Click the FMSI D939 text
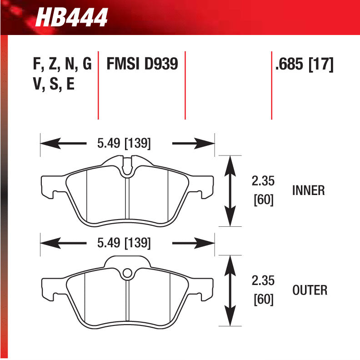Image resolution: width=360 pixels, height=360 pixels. click(x=141, y=65)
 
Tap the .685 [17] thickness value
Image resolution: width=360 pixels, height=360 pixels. click(x=304, y=65)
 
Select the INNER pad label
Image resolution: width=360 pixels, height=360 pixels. click(x=309, y=190)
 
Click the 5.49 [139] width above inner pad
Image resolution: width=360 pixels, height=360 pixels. click(x=124, y=144)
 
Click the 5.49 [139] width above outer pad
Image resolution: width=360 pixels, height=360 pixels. click(x=124, y=243)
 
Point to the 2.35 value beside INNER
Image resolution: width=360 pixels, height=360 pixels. click(x=263, y=181)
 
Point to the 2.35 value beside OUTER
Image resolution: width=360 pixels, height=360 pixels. click(x=263, y=281)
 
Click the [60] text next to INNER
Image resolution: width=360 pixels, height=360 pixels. click(x=264, y=200)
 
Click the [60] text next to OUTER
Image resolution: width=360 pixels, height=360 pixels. click(x=264, y=300)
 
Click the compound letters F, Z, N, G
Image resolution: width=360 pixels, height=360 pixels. click(x=62, y=65)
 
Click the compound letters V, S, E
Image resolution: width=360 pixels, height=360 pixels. click(x=54, y=84)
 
